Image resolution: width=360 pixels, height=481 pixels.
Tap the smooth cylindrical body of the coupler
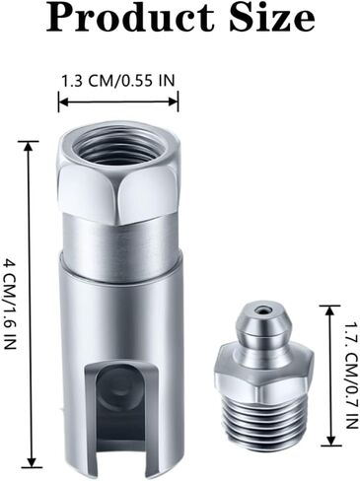click(118, 315)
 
